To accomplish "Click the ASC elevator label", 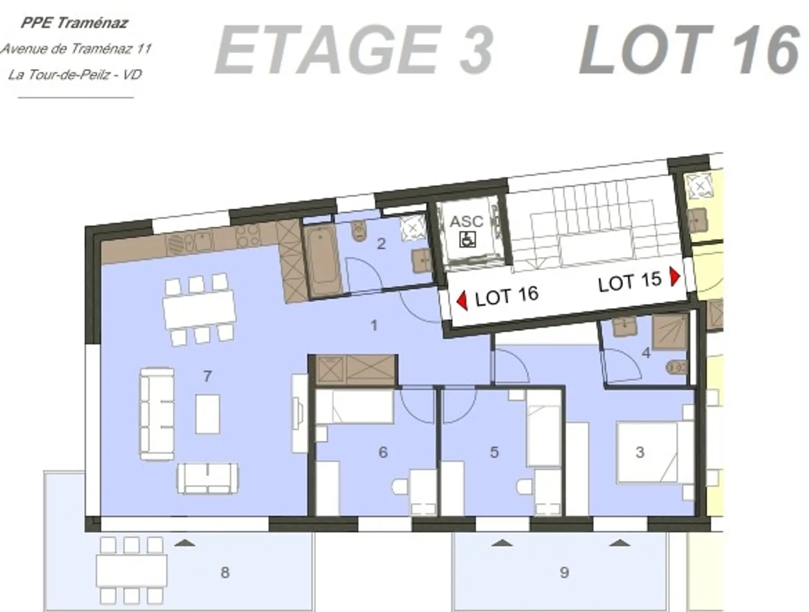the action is click(x=466, y=222).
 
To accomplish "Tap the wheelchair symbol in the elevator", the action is click(x=468, y=239).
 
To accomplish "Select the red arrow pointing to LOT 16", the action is click(x=462, y=300).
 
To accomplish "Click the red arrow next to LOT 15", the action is click(x=675, y=276).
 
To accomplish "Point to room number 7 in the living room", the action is click(x=207, y=376).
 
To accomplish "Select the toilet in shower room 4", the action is click(x=676, y=367).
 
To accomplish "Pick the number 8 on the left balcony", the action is click(x=225, y=572).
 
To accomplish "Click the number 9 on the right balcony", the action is click(x=564, y=572).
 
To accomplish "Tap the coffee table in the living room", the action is click(x=207, y=414).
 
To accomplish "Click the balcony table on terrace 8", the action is click(x=131, y=571).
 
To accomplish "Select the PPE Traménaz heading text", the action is click(x=75, y=23).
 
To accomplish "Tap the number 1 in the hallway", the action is click(x=374, y=325).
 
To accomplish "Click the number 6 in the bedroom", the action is click(x=383, y=452).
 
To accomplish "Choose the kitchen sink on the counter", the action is click(x=200, y=242).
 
